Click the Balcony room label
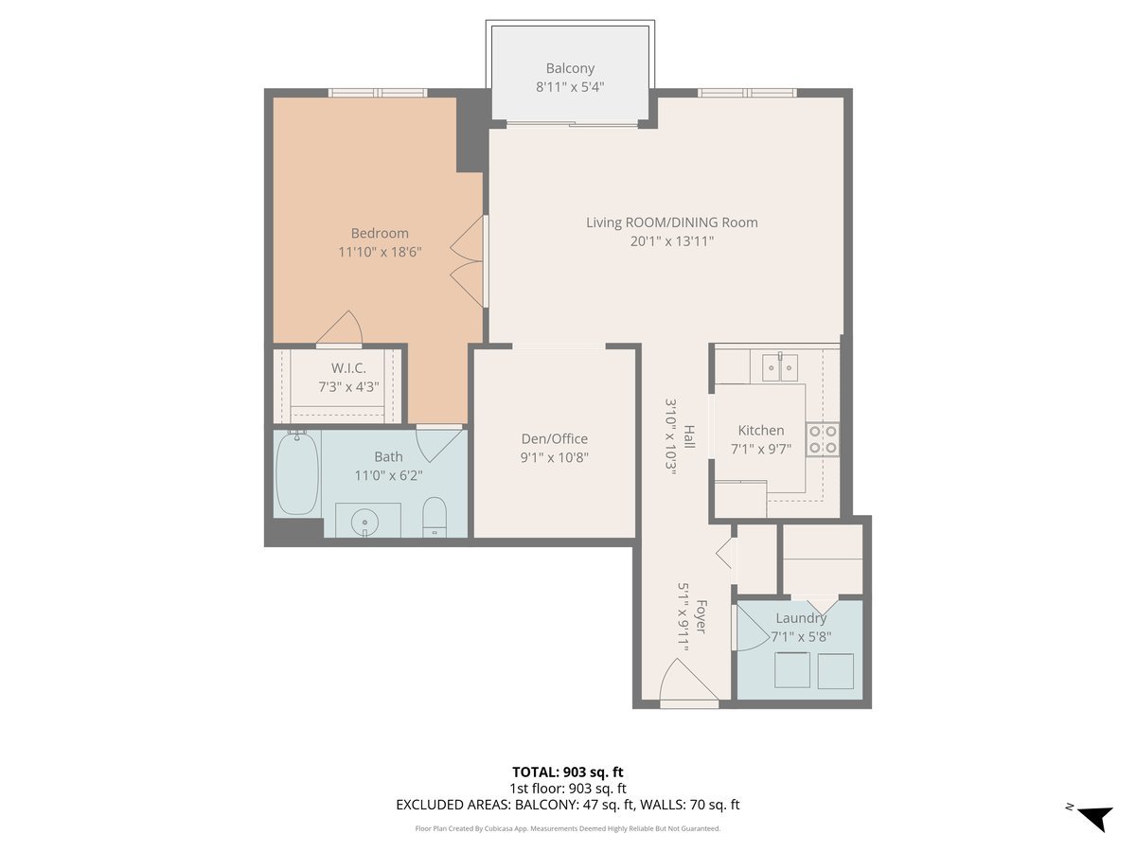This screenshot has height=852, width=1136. click(570, 68)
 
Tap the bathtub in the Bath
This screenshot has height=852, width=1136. click(296, 474)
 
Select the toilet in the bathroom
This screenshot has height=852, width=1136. click(434, 516)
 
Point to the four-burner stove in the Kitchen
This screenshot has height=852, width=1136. click(822, 439)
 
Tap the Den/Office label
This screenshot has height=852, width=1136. click(555, 438)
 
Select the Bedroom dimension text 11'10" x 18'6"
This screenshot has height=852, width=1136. click(380, 252)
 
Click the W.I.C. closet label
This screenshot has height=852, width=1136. click(348, 368)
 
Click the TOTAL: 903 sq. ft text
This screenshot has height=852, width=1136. click(568, 772)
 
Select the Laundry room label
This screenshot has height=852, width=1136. click(801, 618)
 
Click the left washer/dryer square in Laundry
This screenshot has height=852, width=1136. click(791, 671)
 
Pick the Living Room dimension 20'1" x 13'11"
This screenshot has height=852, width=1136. click(672, 241)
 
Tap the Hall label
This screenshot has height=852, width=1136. click(689, 435)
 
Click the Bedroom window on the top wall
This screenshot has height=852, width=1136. click(378, 93)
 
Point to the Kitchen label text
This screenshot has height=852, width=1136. click(761, 430)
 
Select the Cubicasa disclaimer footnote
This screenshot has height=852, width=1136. click(568, 828)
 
